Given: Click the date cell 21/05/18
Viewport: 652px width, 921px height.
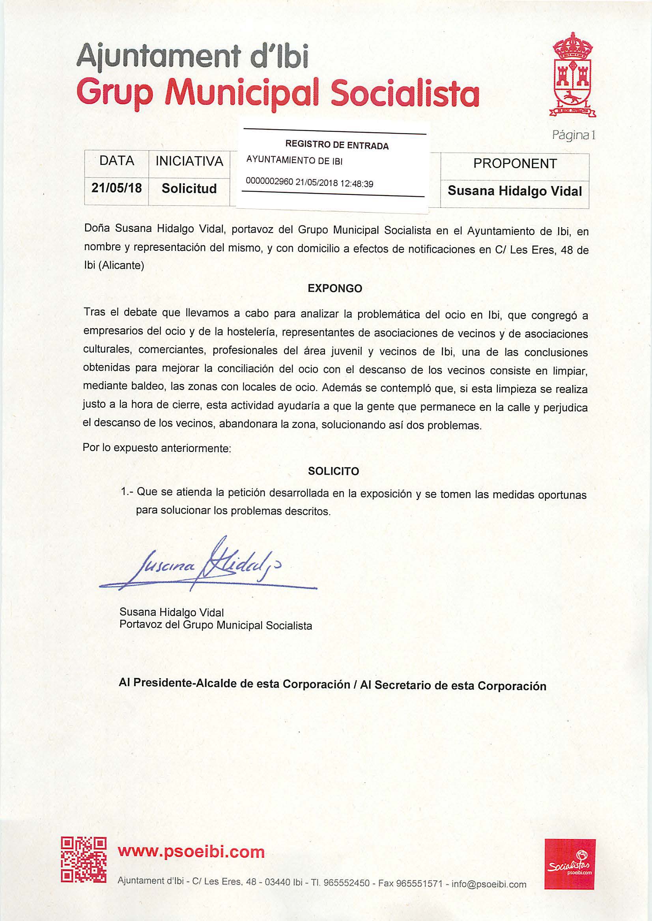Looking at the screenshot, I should (116, 188).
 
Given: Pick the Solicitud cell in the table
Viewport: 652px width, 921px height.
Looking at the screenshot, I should (189, 188).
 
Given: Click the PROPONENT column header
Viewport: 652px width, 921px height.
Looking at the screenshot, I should (515, 164).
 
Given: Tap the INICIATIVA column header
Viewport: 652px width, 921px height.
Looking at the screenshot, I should (189, 161).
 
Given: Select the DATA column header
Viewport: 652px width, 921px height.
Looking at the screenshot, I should (116, 161).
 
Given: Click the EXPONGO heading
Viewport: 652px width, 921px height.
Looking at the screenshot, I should (334, 289).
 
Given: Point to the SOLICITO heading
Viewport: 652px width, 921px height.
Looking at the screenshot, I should (333, 471).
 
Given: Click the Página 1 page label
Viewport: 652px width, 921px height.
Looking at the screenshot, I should (573, 136).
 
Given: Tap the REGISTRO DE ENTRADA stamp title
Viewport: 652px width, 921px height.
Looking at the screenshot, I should (336, 145).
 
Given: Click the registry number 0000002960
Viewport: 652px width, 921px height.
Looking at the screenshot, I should (269, 182).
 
